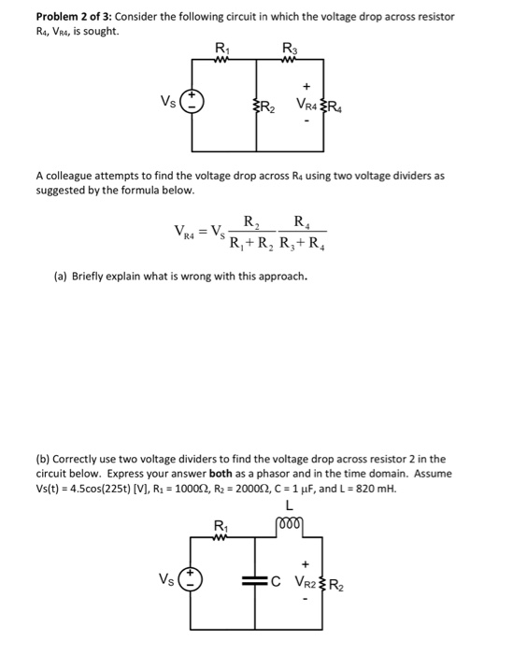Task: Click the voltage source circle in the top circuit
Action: (192, 102)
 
